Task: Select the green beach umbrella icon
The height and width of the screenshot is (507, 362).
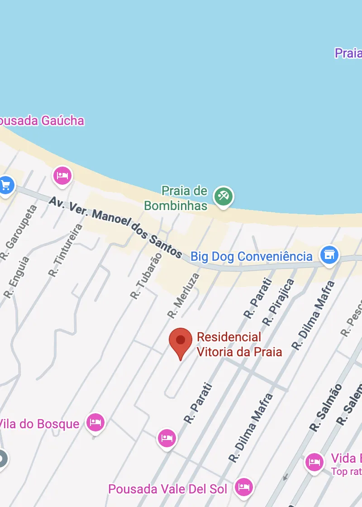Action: point(224,196)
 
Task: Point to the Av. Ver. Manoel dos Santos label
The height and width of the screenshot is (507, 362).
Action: point(115,227)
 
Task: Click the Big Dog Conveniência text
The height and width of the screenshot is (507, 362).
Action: point(251,256)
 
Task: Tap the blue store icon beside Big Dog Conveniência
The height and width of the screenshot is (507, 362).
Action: point(329,255)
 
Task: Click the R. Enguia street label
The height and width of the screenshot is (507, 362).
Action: point(17,277)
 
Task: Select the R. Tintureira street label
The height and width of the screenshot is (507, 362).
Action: point(66,250)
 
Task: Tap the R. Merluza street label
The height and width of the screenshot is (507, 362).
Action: point(183,295)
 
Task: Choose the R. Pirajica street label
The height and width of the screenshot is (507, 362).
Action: point(278,302)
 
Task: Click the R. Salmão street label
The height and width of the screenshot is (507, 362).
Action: point(326,407)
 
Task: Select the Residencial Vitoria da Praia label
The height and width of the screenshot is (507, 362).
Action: point(239,344)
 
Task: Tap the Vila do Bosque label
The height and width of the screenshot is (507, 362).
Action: point(40,424)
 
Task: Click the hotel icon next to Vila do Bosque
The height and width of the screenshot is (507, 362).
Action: point(95,422)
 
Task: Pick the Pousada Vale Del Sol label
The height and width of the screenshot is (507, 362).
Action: point(167,489)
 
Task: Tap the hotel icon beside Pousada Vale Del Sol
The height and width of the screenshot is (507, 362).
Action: point(244,487)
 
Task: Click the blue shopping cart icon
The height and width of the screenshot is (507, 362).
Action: point(6,185)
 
